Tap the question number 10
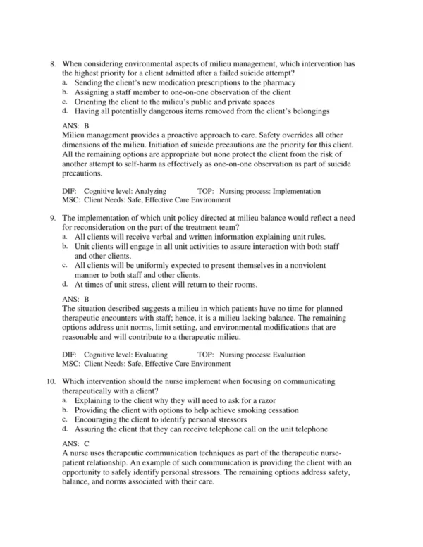coord(50,381)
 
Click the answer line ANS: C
coord(75,443)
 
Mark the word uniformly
coord(152,266)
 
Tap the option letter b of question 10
coord(65,410)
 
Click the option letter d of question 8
coord(65,111)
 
